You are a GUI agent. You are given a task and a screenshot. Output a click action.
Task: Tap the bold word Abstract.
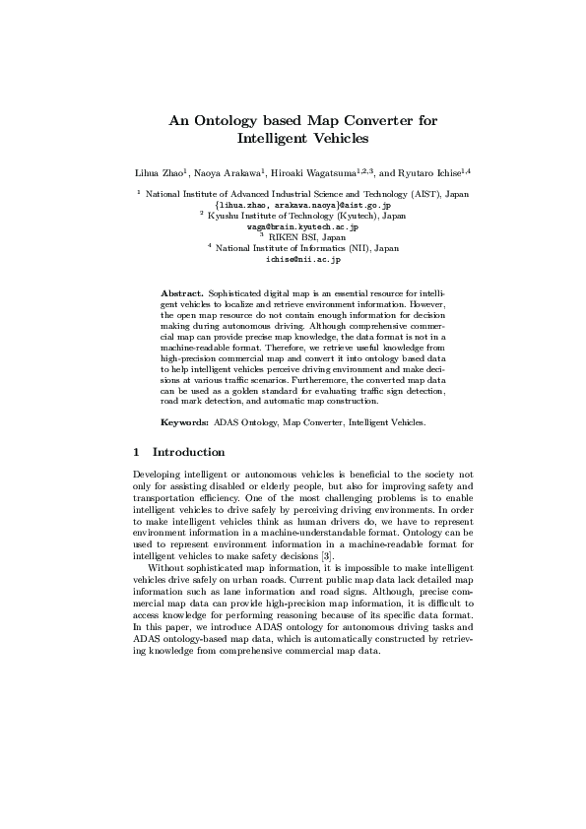point(181,293)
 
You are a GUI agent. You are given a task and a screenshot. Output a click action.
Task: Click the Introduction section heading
point(189,453)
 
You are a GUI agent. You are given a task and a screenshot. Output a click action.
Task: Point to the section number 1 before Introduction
point(135,453)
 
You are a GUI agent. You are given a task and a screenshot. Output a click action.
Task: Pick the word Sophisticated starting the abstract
point(236,293)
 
